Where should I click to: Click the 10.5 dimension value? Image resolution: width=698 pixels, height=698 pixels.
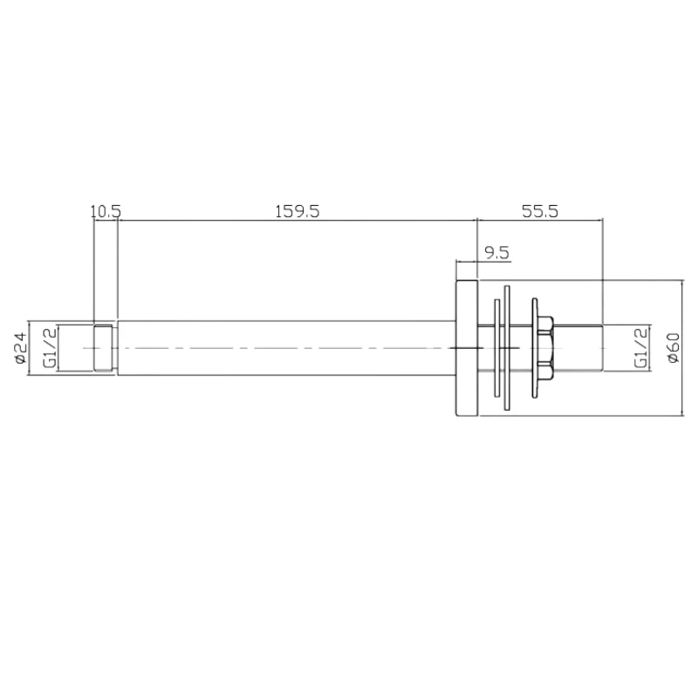coord(106,210)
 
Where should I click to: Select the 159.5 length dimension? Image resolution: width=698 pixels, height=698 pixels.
coord(298,210)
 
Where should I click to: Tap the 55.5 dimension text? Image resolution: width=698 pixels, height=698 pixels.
coord(540,210)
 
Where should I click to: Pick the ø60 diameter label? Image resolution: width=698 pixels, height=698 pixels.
coord(672,348)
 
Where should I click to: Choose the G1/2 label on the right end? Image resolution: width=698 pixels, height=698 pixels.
coord(641,348)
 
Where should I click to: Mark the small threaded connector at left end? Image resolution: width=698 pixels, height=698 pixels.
coord(104,348)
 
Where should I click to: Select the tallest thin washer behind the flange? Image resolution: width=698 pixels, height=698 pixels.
coord(507,348)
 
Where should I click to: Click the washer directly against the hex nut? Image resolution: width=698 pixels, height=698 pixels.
coord(530,348)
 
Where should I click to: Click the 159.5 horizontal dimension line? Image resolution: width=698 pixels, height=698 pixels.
coord(298,220)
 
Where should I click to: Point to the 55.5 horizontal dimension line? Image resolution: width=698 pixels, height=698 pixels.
coord(540,220)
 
